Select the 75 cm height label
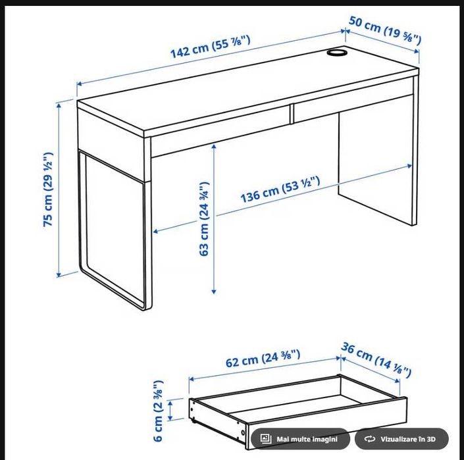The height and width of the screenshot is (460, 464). pyautogui.click(x=48, y=190)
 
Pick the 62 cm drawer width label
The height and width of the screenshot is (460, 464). pyautogui.click(x=263, y=360)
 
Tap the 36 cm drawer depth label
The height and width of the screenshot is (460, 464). pyautogui.click(x=376, y=361)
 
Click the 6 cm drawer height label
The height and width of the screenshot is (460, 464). pyautogui.click(x=158, y=411)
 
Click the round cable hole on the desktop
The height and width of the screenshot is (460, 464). pyautogui.click(x=338, y=52)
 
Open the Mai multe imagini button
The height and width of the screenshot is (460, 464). pyautogui.click(x=300, y=439)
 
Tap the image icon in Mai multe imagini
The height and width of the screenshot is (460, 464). pyautogui.click(x=266, y=439)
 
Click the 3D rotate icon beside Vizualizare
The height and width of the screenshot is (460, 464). pyautogui.click(x=370, y=439)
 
